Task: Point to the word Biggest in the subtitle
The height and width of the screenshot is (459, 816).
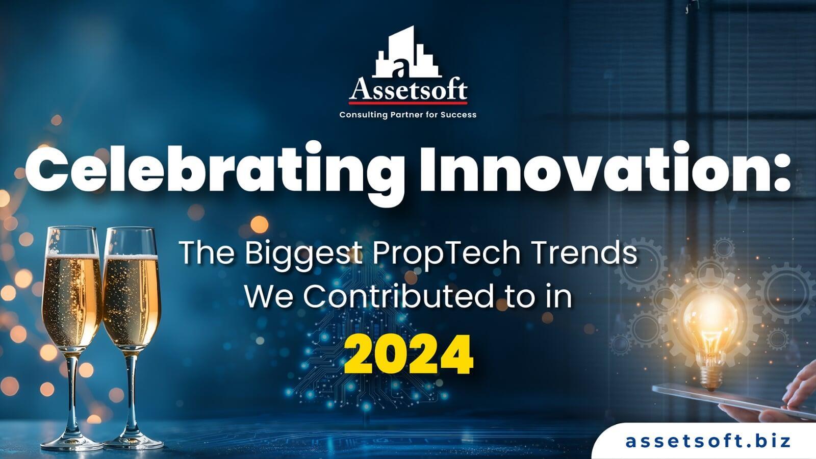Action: (x=303, y=253)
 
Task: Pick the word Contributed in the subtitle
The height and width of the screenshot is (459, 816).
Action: (x=398, y=296)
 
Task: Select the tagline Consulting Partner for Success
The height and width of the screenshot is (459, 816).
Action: (x=408, y=115)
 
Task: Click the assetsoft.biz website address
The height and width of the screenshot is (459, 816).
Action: (x=708, y=441)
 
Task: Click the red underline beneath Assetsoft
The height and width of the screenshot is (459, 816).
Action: (x=408, y=103)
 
